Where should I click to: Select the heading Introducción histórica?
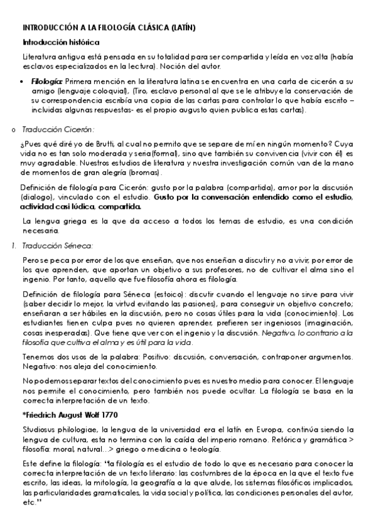pyautogui.click(x=60, y=42)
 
